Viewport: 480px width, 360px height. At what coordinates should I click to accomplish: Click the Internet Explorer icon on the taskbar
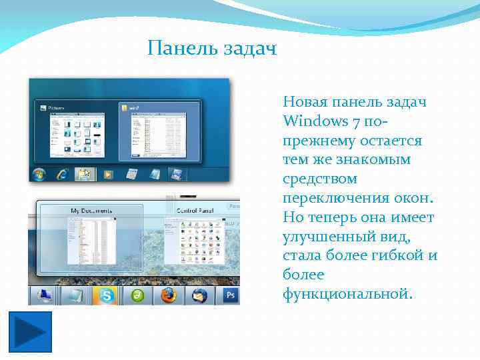(63, 175)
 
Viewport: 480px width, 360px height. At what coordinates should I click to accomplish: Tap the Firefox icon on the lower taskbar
(168, 295)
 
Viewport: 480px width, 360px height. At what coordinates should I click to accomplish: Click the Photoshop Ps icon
(231, 295)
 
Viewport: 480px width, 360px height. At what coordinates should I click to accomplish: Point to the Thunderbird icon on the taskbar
(200, 295)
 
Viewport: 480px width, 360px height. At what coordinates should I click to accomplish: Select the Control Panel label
(194, 211)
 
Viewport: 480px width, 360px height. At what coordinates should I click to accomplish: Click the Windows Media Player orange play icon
(108, 175)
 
